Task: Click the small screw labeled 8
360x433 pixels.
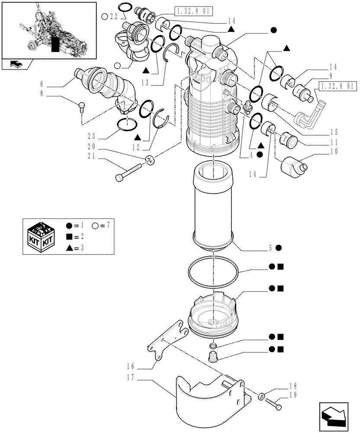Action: point(81,106)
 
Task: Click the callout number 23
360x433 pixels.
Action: point(91,134)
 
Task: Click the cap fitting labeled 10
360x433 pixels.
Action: point(293,166)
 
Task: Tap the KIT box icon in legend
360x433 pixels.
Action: point(41,236)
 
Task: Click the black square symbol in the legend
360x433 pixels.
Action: point(69,236)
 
